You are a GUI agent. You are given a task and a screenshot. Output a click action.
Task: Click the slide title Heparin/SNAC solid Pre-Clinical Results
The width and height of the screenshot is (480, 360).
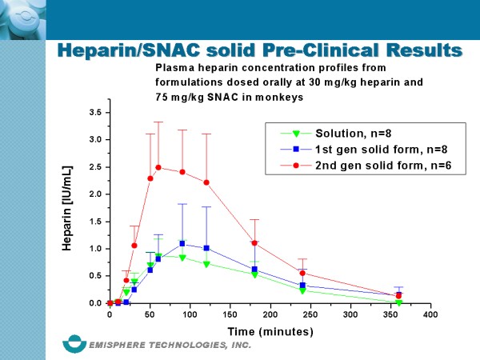pos(261,50)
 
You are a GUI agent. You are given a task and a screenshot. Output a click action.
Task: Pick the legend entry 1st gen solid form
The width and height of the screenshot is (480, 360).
pos(351,149)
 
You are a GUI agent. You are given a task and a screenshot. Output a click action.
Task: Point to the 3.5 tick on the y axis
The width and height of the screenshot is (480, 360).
pos(97,112)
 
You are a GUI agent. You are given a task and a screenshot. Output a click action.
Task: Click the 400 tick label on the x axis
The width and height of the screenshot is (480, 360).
pos(430,314)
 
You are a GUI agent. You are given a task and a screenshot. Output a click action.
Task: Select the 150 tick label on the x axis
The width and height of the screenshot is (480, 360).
pos(230,314)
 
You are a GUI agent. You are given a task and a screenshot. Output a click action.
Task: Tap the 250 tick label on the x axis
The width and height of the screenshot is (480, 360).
pos(310,314)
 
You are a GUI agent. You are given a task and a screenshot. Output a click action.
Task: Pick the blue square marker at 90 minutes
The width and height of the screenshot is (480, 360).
pos(182,243)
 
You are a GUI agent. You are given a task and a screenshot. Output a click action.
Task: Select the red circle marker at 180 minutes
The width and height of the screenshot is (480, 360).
pos(254,243)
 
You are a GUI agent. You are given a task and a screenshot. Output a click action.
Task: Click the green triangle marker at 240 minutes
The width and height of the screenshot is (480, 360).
pos(302,290)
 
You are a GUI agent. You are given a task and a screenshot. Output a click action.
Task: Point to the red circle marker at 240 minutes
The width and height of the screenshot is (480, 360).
pos(302,273)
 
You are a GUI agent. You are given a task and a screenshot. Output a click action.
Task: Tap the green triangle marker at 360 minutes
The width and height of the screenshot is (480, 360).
pos(398,302)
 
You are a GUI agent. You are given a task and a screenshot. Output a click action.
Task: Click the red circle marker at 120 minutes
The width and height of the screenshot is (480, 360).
pos(206,182)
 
